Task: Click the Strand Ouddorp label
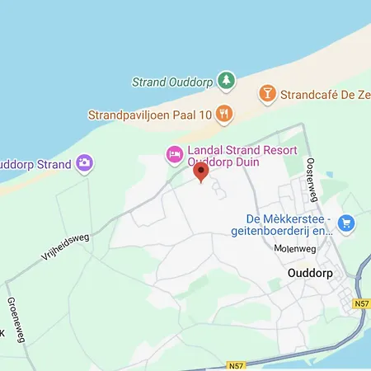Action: tap(172, 82)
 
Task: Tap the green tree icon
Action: tap(226, 81)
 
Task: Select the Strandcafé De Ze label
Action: tap(324, 94)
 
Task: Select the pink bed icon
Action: tap(174, 153)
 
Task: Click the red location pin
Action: tap(200, 172)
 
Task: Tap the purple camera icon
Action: tap(83, 163)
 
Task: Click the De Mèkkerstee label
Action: tap(289, 218)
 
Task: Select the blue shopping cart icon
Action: tap(345, 222)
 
